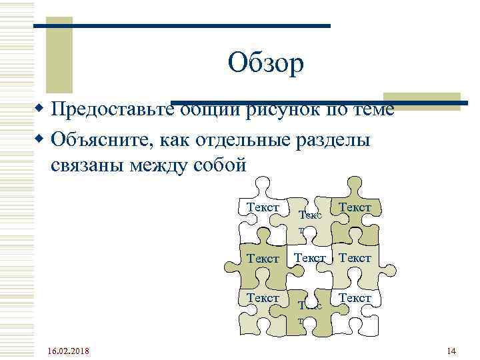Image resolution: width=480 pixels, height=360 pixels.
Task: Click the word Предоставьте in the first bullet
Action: click(x=111, y=108)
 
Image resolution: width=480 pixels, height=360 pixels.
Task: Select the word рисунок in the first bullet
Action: click(x=281, y=108)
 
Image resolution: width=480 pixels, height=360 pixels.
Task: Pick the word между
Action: click(x=159, y=164)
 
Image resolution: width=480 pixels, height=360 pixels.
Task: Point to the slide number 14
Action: click(x=451, y=351)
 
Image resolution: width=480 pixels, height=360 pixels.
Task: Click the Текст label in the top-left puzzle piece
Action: click(x=263, y=207)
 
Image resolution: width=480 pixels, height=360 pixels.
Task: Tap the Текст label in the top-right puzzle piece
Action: click(x=355, y=207)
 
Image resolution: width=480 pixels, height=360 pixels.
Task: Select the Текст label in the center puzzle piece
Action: click(x=309, y=257)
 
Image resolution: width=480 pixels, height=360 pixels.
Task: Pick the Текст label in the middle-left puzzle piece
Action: click(x=263, y=258)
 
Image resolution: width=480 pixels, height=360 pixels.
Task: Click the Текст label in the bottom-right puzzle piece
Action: click(x=355, y=298)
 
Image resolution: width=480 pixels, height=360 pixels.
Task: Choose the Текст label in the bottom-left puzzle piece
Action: click(x=263, y=298)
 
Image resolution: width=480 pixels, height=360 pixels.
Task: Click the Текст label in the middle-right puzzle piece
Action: click(x=355, y=257)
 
